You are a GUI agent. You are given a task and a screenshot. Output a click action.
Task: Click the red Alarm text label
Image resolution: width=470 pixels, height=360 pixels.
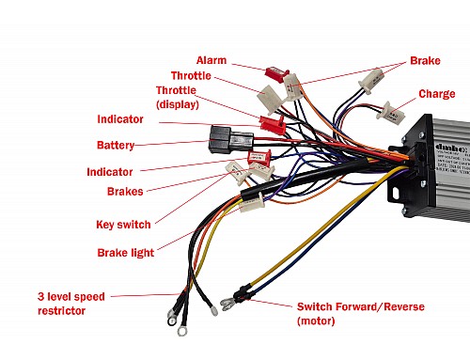pos(212,59)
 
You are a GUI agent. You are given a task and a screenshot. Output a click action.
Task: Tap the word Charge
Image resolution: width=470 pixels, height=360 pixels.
pos(436,93)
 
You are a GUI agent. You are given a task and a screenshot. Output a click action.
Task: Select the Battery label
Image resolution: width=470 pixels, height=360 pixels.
pos(116,146)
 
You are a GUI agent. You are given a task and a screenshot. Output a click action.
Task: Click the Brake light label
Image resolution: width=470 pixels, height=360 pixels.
pos(126,253)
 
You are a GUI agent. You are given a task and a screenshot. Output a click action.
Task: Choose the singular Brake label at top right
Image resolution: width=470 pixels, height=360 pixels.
pos(424,60)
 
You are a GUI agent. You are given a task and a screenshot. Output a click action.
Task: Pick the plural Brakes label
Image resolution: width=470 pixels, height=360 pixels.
pos(125,191)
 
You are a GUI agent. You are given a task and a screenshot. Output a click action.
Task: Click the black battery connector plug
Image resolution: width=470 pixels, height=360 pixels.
pos(222,142)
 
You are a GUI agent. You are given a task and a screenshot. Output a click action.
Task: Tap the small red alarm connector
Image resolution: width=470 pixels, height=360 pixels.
pos(275,72)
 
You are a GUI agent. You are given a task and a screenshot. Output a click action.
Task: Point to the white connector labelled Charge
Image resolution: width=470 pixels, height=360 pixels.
pos(382,109)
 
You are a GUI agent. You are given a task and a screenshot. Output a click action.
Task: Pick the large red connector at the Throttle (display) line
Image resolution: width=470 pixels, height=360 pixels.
pos(272,122)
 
